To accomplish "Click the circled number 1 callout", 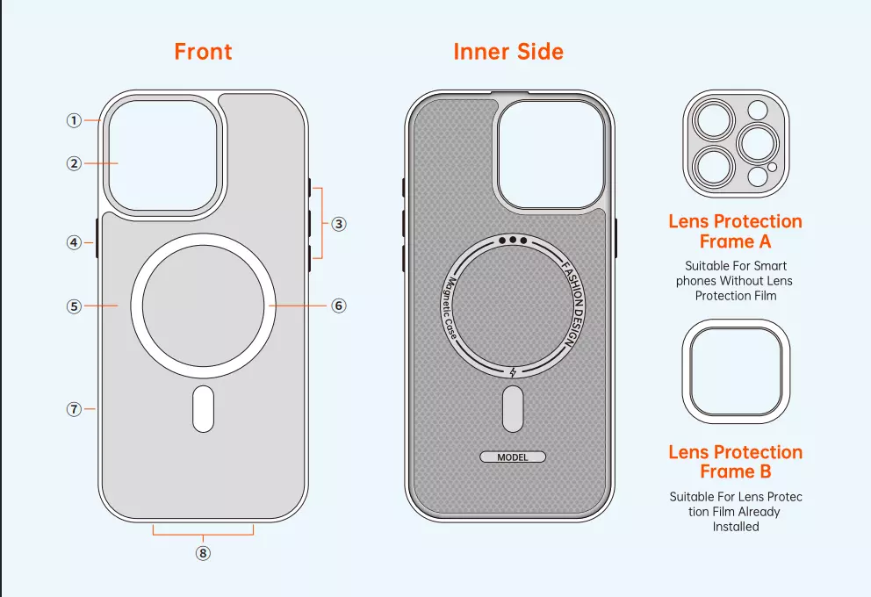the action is pyautogui.click(x=74, y=120).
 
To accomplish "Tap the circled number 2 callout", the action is pyautogui.click(x=74, y=163).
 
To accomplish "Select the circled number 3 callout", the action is pyautogui.click(x=339, y=224).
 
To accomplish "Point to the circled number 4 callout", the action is pyautogui.click(x=74, y=242).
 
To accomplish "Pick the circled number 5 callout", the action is pyautogui.click(x=74, y=306).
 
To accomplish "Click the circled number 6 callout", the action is pyautogui.click(x=339, y=306).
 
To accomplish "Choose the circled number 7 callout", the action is pyautogui.click(x=74, y=409).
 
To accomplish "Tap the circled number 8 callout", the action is pyautogui.click(x=204, y=553).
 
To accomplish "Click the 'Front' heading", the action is pyautogui.click(x=204, y=52).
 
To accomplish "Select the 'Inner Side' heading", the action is pyautogui.click(x=508, y=52).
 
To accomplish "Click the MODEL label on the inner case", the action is pyautogui.click(x=513, y=457).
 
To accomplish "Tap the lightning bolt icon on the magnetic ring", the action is pyautogui.click(x=513, y=372).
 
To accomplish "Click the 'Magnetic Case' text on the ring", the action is pyautogui.click(x=449, y=307).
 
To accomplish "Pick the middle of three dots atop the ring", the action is pyautogui.click(x=513, y=241).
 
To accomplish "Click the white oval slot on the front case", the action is pyautogui.click(x=204, y=409).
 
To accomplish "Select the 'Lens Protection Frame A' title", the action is pyautogui.click(x=736, y=231).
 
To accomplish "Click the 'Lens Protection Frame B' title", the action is pyautogui.click(x=736, y=462).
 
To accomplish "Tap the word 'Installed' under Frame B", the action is pyautogui.click(x=736, y=527).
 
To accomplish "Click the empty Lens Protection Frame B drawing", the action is pyautogui.click(x=736, y=371).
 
